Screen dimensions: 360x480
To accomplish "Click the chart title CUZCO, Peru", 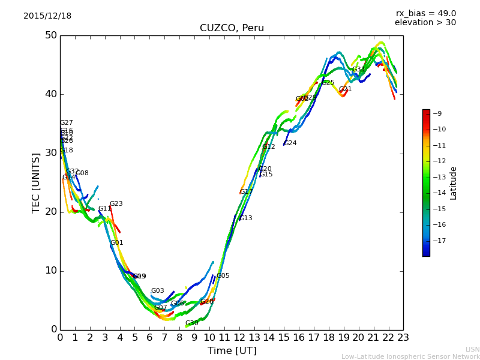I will pyautogui.click(x=232, y=28).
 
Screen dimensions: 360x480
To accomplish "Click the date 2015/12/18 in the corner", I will pyautogui.click(x=47, y=16).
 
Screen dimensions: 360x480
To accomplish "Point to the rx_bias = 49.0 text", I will pyautogui.click(x=426, y=13).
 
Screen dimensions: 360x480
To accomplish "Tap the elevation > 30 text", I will pyautogui.click(x=425, y=23).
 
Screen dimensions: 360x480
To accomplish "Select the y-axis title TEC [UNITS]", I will pyautogui.click(x=36, y=182).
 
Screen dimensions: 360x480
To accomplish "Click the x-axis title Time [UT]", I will pyautogui.click(x=232, y=350).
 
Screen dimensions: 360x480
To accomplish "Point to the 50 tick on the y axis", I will pyautogui.click(x=50, y=35).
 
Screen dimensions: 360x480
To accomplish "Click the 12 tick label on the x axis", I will pyautogui.click(x=239, y=338).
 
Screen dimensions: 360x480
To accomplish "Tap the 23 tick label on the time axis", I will pyautogui.click(x=403, y=338).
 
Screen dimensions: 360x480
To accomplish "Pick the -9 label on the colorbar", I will pyautogui.click(x=437, y=113).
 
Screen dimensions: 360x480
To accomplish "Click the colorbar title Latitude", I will pyautogui.click(x=454, y=183).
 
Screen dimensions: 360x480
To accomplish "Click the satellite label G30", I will pyautogui.click(x=191, y=323).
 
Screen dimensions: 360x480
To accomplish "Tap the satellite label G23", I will pyautogui.click(x=116, y=204).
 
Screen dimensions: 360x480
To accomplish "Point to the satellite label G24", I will pyautogui.click(x=290, y=143).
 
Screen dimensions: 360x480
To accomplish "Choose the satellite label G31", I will pyautogui.click(x=358, y=70).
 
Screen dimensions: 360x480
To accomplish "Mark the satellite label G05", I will pyautogui.click(x=223, y=276).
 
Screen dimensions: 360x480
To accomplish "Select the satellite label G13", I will pyautogui.click(x=246, y=218).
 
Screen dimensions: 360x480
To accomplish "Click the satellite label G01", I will pyautogui.click(x=116, y=243).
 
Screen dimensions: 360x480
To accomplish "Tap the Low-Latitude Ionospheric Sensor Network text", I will pyautogui.click(x=410, y=356).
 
